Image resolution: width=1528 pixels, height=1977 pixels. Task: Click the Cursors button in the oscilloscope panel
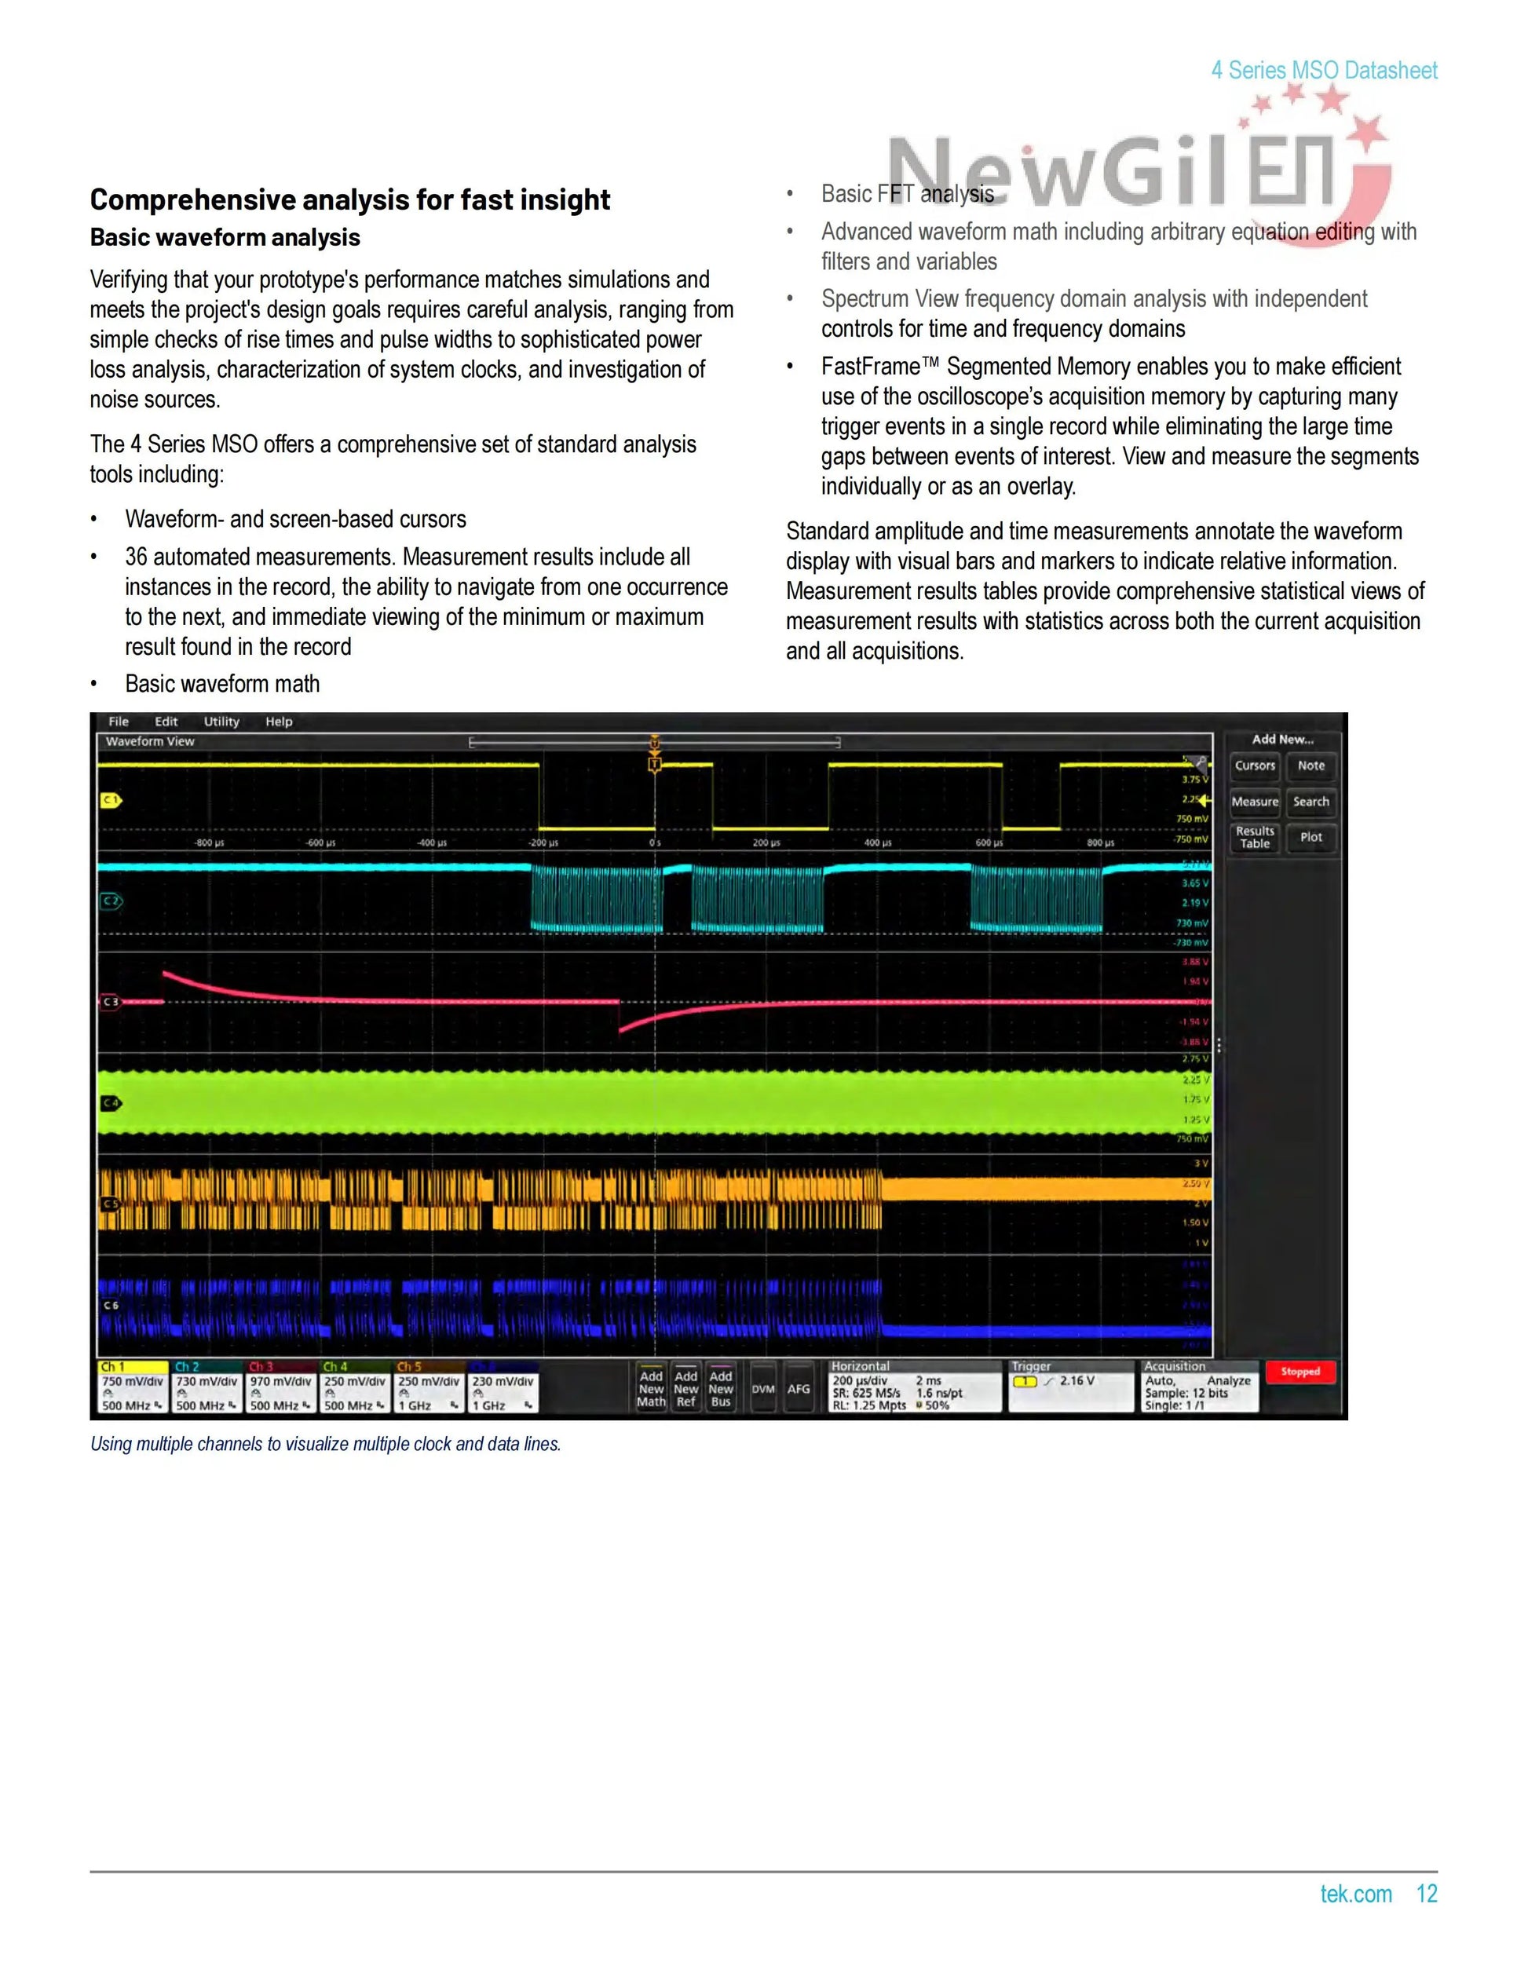1255,766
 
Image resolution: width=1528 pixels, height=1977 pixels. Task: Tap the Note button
1310,766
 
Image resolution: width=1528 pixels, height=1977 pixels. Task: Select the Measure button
1255,802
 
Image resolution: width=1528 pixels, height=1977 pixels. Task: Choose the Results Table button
1255,837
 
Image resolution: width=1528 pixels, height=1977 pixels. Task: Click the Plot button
1310,837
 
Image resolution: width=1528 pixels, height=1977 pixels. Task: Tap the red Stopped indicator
1300,1372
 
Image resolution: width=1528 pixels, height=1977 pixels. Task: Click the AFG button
799,1389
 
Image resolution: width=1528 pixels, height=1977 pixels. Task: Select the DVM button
763,1389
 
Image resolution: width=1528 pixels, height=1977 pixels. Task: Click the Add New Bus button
721,1389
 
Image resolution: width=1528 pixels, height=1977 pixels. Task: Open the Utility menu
221,722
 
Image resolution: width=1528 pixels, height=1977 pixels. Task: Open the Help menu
279,722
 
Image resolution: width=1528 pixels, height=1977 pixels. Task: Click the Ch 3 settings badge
280,1389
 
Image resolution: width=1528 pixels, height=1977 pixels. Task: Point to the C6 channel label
111,1306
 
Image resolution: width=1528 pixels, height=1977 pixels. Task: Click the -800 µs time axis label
209,842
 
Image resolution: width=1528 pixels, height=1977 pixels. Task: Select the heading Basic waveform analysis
225,238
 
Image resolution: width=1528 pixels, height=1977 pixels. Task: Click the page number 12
1427,1894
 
